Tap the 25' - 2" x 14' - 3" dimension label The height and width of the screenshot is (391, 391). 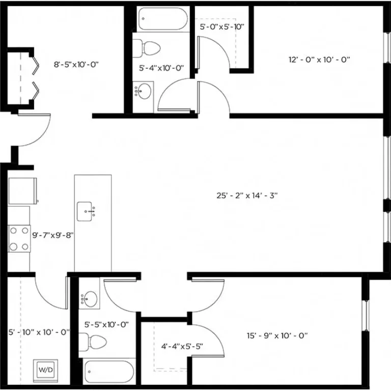(x=247, y=195)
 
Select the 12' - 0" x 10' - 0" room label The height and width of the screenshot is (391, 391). (x=320, y=60)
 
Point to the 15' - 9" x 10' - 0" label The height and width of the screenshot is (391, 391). (x=277, y=336)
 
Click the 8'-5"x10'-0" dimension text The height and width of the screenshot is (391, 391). (x=76, y=65)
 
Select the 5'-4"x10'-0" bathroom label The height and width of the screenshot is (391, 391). (x=161, y=68)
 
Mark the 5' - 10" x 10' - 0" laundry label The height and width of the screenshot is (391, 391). (x=39, y=331)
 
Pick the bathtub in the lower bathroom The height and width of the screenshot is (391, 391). (x=108, y=371)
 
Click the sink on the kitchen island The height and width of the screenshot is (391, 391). (x=87, y=211)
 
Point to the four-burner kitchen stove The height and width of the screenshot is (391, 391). (x=19, y=238)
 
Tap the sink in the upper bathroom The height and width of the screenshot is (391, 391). (x=144, y=92)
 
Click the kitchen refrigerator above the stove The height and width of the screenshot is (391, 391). (x=22, y=190)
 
